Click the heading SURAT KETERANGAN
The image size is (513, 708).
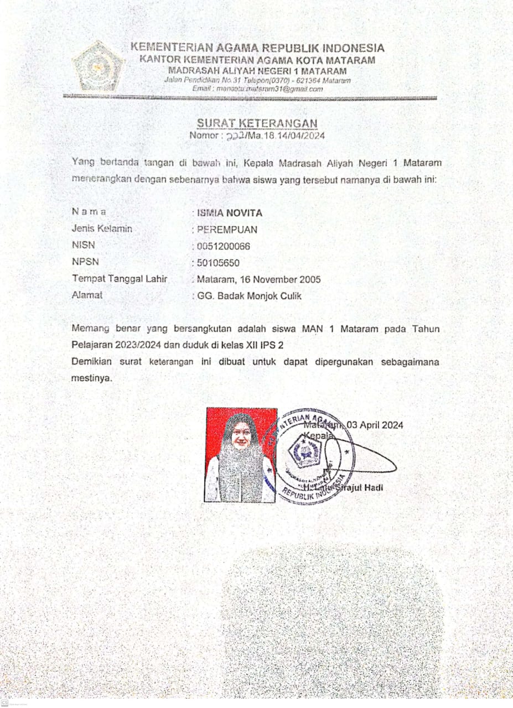click(257, 123)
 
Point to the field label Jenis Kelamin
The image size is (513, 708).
click(102, 228)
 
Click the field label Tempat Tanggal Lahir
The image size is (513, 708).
click(120, 279)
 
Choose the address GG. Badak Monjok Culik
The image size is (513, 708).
click(250, 296)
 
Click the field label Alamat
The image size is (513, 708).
click(87, 295)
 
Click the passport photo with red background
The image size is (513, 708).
click(241, 455)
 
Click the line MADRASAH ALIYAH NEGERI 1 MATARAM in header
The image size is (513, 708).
click(257, 71)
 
